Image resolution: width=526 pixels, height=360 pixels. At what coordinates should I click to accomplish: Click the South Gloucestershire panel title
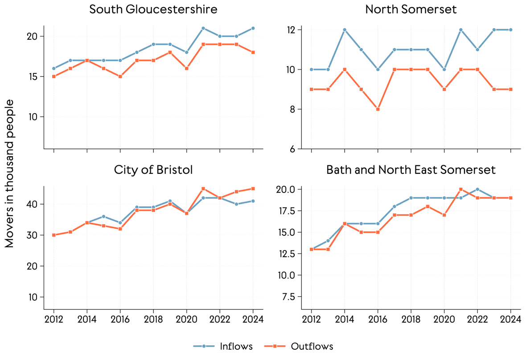pos(153,9)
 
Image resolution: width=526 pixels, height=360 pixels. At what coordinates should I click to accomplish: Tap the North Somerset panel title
pos(411,9)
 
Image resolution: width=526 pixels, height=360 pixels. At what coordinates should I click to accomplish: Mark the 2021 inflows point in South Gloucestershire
pos(203,28)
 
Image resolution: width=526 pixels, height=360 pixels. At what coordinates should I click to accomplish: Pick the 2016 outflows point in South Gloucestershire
pos(120,77)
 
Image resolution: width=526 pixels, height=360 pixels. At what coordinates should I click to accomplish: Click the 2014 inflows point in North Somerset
pos(345,30)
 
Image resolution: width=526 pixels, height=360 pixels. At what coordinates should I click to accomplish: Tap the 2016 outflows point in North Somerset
pos(378,109)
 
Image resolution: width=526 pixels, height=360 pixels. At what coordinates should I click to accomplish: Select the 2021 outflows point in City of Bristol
pos(203,189)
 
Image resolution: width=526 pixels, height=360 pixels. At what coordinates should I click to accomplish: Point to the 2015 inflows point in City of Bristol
pos(103,217)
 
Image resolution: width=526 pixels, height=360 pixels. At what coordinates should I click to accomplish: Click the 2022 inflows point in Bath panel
pos(477,189)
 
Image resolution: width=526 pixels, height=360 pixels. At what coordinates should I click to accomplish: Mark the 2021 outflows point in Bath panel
pos(461,189)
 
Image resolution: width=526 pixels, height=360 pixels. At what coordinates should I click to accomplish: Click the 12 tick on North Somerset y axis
pos(293,30)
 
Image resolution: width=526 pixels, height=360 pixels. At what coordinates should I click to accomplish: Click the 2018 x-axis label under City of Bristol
pos(153,319)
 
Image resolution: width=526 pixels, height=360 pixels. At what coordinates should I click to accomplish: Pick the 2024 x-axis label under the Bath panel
pos(511,319)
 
